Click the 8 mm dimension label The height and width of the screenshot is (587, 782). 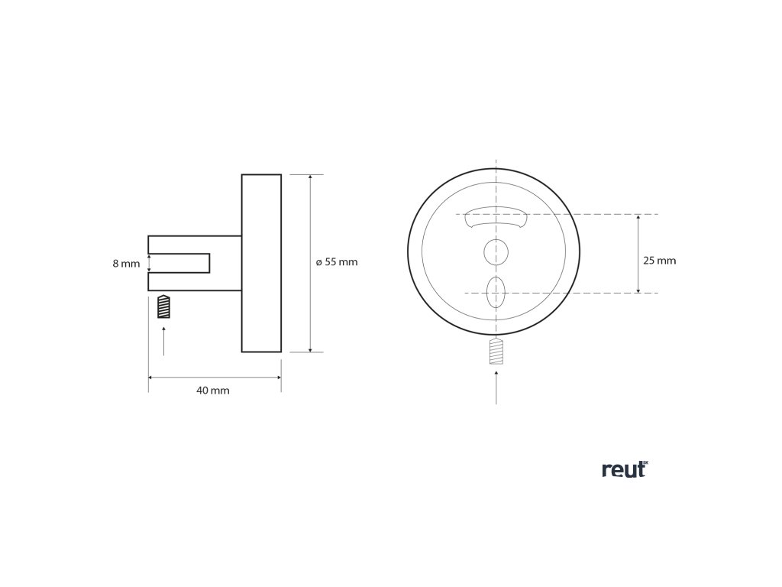click(126, 264)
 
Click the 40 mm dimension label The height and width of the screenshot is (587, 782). click(213, 391)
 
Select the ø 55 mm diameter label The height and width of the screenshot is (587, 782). click(337, 262)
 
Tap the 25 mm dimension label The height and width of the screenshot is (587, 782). click(659, 261)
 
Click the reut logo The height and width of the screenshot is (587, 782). click(623, 470)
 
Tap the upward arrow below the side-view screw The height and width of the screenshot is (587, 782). click(163, 340)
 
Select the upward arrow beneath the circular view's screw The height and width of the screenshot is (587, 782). click(496, 386)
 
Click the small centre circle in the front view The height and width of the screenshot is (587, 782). click(496, 251)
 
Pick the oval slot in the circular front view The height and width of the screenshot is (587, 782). click(496, 292)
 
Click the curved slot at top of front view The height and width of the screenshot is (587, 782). click(496, 216)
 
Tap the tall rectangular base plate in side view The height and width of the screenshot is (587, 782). click(261, 264)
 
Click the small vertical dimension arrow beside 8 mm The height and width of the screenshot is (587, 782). click(150, 264)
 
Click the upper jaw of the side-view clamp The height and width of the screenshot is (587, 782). click(195, 244)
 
